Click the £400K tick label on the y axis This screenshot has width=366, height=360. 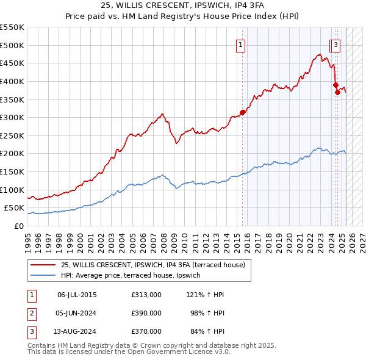click(x=12, y=81)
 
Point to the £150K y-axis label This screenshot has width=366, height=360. click(x=12, y=171)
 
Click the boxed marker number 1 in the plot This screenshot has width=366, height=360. click(x=241, y=44)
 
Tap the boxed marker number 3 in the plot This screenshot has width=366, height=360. click(x=336, y=44)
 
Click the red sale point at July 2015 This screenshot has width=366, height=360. click(x=243, y=112)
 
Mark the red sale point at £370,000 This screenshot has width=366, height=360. click(x=337, y=92)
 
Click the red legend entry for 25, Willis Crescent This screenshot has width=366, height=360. click(x=152, y=265)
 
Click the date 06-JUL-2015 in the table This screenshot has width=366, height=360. click(x=77, y=295)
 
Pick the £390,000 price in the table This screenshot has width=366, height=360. click(x=146, y=313)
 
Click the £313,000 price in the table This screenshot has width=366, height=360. click(x=146, y=295)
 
